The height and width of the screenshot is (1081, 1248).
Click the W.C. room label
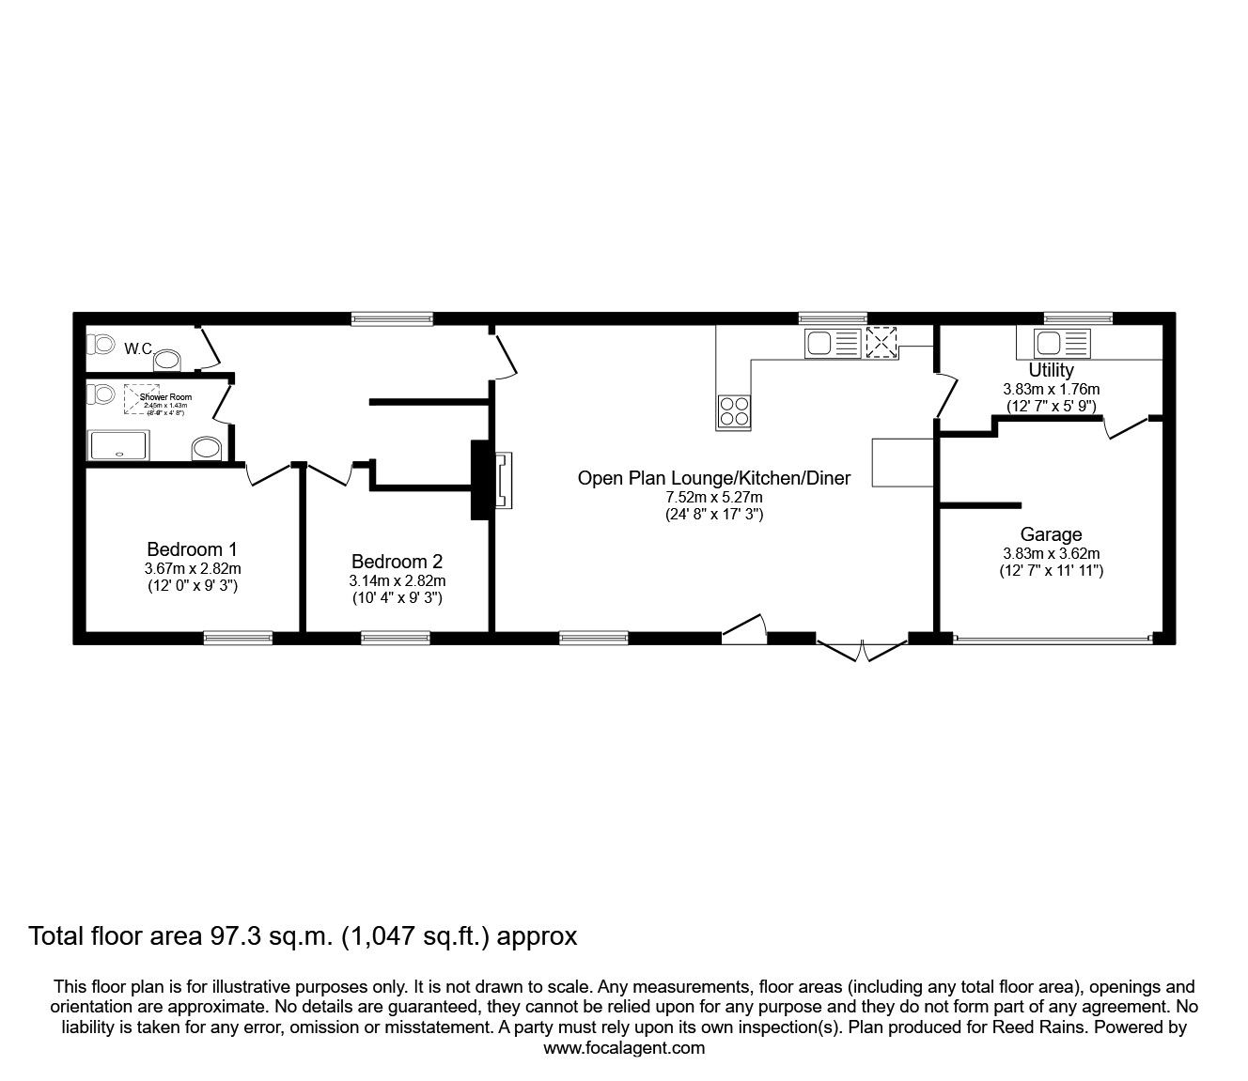pos(138,348)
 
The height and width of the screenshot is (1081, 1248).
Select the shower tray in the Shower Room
pos(118,445)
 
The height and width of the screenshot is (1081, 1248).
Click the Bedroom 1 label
pos(192,549)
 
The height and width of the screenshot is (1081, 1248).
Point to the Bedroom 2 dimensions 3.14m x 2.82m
pos(397,580)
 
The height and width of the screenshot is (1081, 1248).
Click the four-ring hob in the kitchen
pos(734,409)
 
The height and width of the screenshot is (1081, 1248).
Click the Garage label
pos(1051,535)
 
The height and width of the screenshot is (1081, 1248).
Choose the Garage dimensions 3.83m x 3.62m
pos(1051,553)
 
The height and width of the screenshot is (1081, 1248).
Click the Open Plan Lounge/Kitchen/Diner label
pos(713,478)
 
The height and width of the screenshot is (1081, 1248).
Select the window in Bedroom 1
pos(239,638)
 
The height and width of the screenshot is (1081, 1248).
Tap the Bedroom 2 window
pos(396,638)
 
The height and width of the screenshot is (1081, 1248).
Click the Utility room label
pos(1051,370)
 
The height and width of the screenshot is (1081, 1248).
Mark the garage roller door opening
pos(1052,640)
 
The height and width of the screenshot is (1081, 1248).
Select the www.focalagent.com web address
pos(624,1048)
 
